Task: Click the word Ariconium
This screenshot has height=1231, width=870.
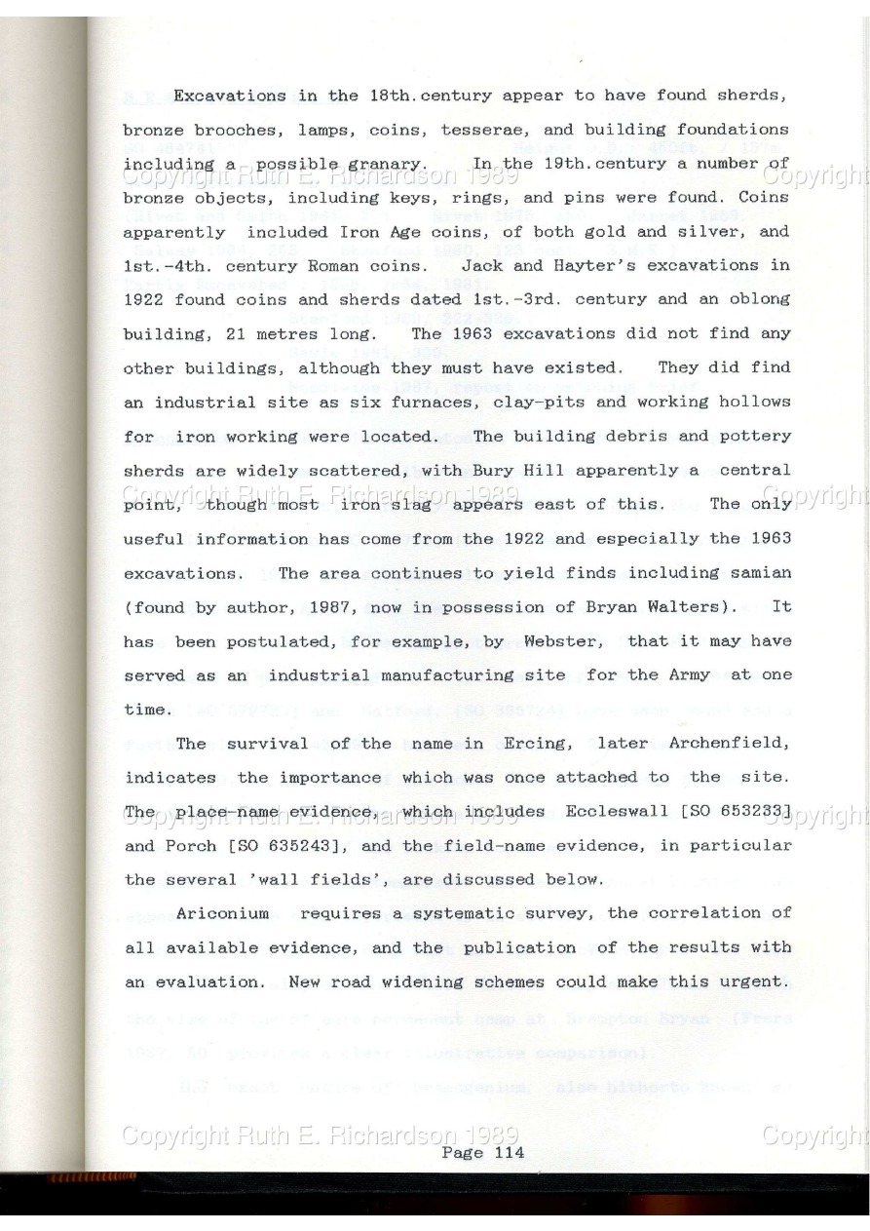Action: [222, 913]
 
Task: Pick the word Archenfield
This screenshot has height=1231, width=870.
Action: [732, 743]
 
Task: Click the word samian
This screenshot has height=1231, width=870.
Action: [759, 572]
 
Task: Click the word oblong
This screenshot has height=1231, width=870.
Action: [759, 299]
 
